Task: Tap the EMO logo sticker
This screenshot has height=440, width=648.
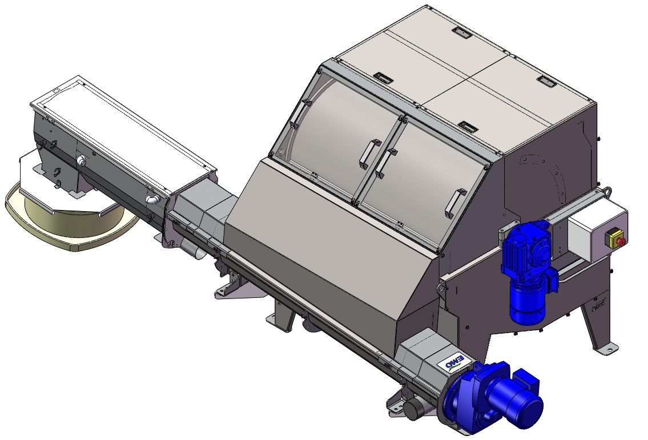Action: pos(451,362)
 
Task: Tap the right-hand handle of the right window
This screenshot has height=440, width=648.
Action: pos(453,203)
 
